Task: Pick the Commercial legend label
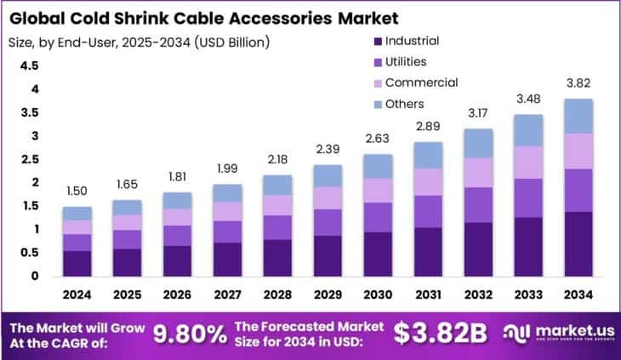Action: [421, 83]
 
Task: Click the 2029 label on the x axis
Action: [328, 294]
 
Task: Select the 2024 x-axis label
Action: [77, 294]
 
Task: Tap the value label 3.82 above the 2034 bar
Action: [578, 84]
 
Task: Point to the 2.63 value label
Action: [378, 140]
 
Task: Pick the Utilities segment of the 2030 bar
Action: [378, 217]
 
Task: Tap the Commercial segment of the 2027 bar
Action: [227, 211]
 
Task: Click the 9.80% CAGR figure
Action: [188, 334]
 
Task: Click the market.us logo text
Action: [569, 329]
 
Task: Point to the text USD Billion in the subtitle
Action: [232, 40]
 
